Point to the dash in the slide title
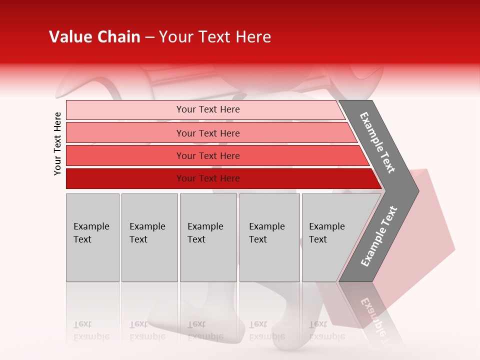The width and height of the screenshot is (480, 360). [149, 37]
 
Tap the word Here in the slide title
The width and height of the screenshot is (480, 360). [253, 37]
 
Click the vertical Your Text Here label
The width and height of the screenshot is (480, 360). [57, 143]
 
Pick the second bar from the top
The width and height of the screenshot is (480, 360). [208, 133]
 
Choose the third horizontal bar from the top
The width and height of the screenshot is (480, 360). [208, 155]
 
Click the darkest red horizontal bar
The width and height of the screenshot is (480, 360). [208, 178]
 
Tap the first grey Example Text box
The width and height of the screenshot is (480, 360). [92, 237]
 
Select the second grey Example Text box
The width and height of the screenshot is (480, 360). [149, 237]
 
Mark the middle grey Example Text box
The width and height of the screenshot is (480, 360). [208, 237]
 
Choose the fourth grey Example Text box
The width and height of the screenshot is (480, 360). [269, 237]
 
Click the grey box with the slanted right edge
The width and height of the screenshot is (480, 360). [330, 237]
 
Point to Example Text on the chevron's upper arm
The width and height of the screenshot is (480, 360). [377, 142]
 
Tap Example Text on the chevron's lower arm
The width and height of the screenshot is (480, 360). [378, 236]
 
